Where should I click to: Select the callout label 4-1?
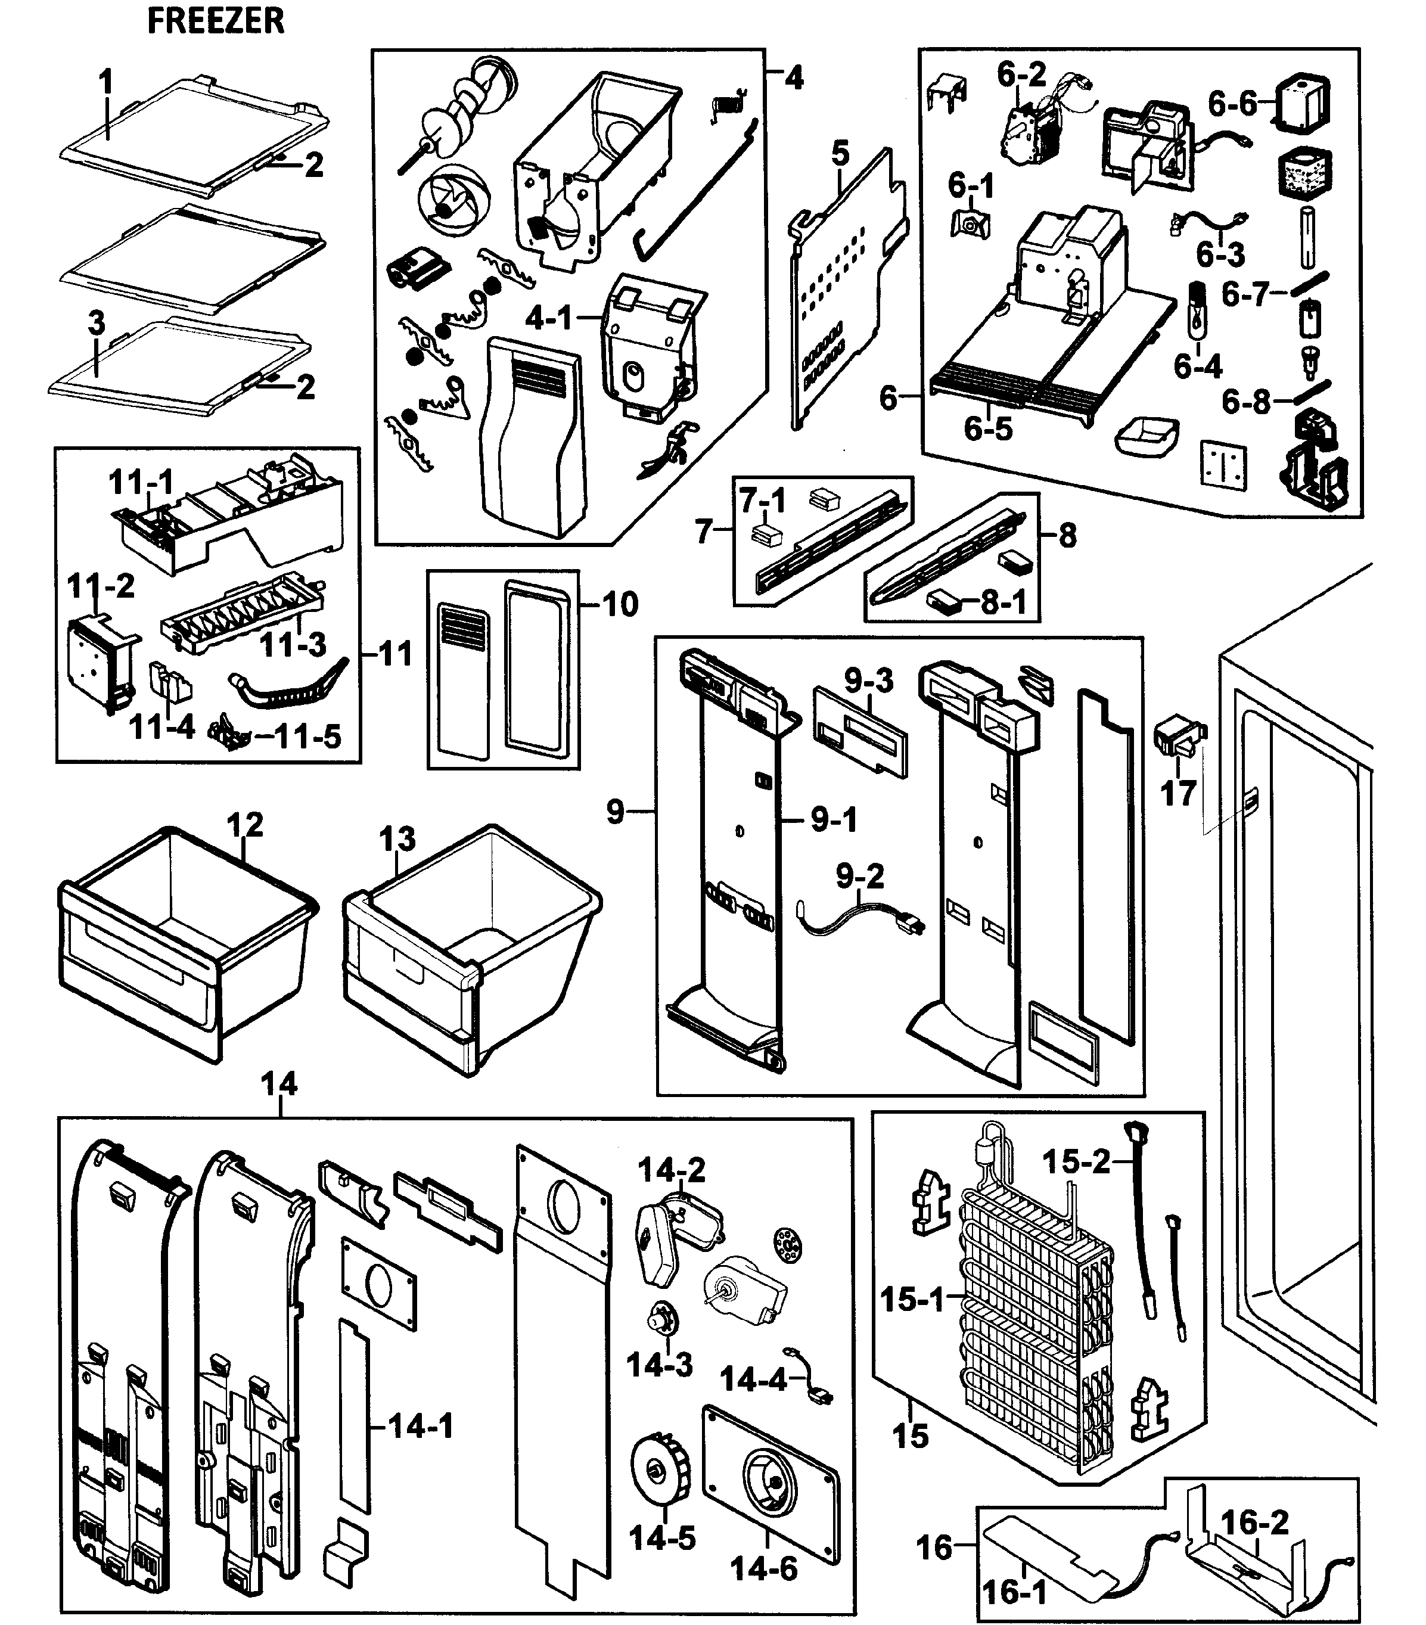548,318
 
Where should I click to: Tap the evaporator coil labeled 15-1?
1033,1312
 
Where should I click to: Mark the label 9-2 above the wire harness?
859,876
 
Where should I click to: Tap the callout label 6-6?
1233,102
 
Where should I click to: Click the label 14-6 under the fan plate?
764,1568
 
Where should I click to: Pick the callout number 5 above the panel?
841,153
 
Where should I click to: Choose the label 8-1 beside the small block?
1003,602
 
